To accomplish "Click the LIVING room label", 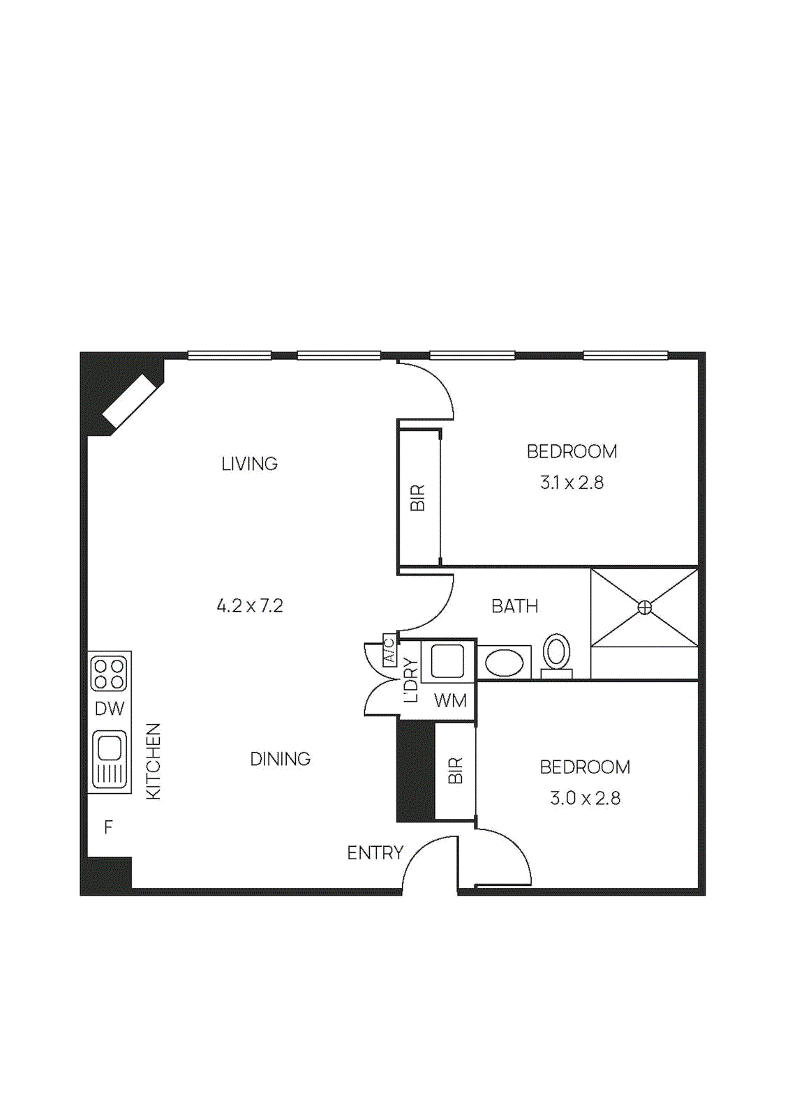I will tap(249, 464).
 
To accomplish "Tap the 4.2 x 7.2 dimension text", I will tap(249, 605).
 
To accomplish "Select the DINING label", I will tap(280, 759).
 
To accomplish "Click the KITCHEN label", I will tap(154, 761).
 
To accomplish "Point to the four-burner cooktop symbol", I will tap(110, 673).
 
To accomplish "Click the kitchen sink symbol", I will tap(110, 759).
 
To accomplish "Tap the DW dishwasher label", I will tap(110, 709).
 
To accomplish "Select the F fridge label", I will tap(108, 827).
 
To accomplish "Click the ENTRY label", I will tap(375, 853).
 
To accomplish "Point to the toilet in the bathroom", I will tap(556, 654).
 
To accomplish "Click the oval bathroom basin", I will tap(504, 663).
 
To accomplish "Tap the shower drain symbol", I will tap(645, 608).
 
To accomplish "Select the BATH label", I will tap(514, 606).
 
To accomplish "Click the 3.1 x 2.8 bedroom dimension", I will tap(572, 483).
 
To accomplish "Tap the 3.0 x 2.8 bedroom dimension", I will tap(585, 798).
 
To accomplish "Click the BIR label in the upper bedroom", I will tap(418, 498).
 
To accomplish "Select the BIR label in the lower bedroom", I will tap(455, 771).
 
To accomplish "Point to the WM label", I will tap(450, 700).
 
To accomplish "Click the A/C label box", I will tap(389, 650).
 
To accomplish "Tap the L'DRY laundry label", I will tap(411, 680).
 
